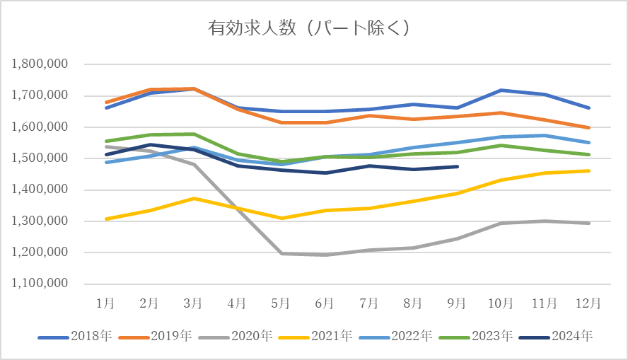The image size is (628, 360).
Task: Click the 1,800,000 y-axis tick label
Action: (x=40, y=64)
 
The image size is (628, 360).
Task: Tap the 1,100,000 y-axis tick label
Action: (x=40, y=284)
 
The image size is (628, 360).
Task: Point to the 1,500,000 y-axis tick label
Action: (x=40, y=158)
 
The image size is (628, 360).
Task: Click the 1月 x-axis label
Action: (x=105, y=303)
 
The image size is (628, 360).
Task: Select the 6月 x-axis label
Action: (x=325, y=303)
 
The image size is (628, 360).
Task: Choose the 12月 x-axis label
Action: (x=588, y=303)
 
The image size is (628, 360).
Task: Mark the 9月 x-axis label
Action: (x=457, y=303)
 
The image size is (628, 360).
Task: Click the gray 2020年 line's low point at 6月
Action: (x=325, y=255)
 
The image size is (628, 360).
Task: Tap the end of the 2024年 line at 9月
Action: (x=458, y=167)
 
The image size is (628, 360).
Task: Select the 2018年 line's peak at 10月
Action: (x=501, y=91)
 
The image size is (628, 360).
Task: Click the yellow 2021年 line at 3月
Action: (x=193, y=198)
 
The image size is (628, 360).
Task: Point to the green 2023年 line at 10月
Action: (x=501, y=146)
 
